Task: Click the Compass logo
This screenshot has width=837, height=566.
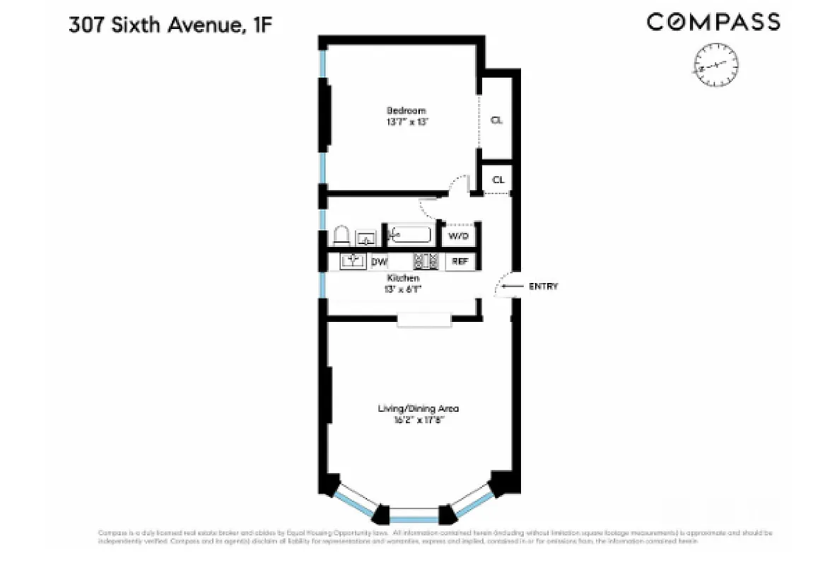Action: [713, 23]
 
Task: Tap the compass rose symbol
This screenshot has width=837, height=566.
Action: [716, 66]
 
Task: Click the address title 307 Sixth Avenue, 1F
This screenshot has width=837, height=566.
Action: [170, 26]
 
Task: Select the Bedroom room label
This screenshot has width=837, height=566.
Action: [406, 110]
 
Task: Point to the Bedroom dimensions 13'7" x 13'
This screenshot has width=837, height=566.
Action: [406, 122]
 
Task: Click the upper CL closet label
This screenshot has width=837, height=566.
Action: [496, 120]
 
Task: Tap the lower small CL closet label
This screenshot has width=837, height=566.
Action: [498, 180]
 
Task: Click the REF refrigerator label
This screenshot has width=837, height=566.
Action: [460, 261]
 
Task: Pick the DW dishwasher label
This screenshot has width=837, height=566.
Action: [380, 262]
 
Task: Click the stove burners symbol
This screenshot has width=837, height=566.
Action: [426, 261]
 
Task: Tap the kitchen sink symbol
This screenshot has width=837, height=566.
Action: [353, 261]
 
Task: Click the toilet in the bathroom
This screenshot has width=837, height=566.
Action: [341, 236]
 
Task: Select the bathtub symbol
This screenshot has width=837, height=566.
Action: [411, 235]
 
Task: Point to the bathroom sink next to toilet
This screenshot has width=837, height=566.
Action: [365, 238]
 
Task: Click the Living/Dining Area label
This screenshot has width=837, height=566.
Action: [418, 408]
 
